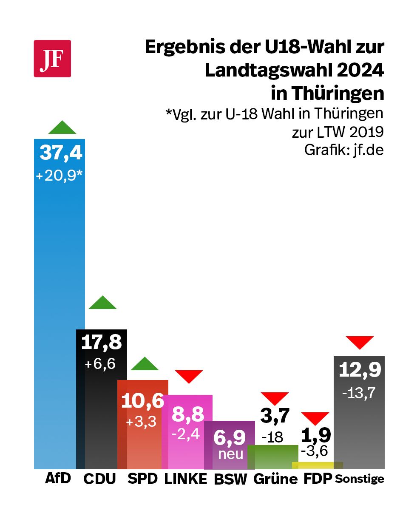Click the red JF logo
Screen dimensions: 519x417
52,59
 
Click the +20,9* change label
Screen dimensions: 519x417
59,176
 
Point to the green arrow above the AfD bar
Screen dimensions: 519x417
62,128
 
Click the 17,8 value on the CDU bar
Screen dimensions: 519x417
101,342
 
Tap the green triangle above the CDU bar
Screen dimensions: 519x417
102,303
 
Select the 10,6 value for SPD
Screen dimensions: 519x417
142,401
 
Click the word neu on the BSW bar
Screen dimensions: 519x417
231,454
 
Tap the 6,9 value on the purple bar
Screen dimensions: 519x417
230,437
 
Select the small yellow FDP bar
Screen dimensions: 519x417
317,465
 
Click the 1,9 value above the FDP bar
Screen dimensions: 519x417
316,435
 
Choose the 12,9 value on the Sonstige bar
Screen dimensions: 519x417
360,370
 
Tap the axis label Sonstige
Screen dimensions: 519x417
360,479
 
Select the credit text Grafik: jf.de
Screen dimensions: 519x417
344,150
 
